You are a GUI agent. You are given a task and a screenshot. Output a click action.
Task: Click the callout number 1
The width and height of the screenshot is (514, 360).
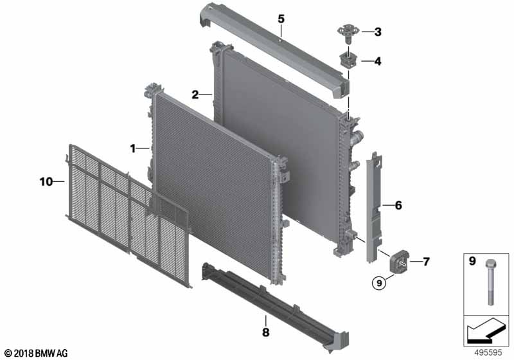(x=133, y=148)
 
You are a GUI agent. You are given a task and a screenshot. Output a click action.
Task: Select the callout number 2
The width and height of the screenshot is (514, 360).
(x=195, y=94)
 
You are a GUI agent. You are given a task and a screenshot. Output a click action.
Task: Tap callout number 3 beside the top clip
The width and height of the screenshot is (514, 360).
(x=378, y=32)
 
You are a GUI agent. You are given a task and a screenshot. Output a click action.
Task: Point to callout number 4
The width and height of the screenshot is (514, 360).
(x=378, y=61)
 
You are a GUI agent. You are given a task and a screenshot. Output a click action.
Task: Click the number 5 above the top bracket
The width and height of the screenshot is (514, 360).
(x=281, y=19)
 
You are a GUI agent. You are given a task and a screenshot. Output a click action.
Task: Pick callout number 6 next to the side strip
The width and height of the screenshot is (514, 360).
(x=398, y=206)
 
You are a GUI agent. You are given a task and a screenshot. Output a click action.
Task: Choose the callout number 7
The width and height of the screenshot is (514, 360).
(x=426, y=262)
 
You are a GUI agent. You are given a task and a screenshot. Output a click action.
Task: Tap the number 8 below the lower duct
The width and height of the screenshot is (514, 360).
(x=266, y=332)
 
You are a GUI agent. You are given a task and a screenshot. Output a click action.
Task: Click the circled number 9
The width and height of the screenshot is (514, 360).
(x=379, y=282)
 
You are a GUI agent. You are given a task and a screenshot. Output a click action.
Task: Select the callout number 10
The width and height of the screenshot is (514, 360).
(x=46, y=182)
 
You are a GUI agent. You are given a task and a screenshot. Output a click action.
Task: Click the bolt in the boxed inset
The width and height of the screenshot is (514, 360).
(x=490, y=282)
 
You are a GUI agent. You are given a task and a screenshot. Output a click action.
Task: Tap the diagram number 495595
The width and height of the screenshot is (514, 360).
(x=488, y=353)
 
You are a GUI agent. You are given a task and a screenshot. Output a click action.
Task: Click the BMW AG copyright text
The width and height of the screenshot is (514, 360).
(x=37, y=353)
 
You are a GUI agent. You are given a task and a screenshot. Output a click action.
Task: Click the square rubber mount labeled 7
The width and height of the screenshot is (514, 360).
(x=398, y=261)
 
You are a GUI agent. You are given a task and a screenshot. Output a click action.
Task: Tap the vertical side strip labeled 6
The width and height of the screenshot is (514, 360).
(x=375, y=207)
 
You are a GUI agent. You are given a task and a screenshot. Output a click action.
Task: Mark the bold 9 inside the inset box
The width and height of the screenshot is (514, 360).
(x=472, y=261)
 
